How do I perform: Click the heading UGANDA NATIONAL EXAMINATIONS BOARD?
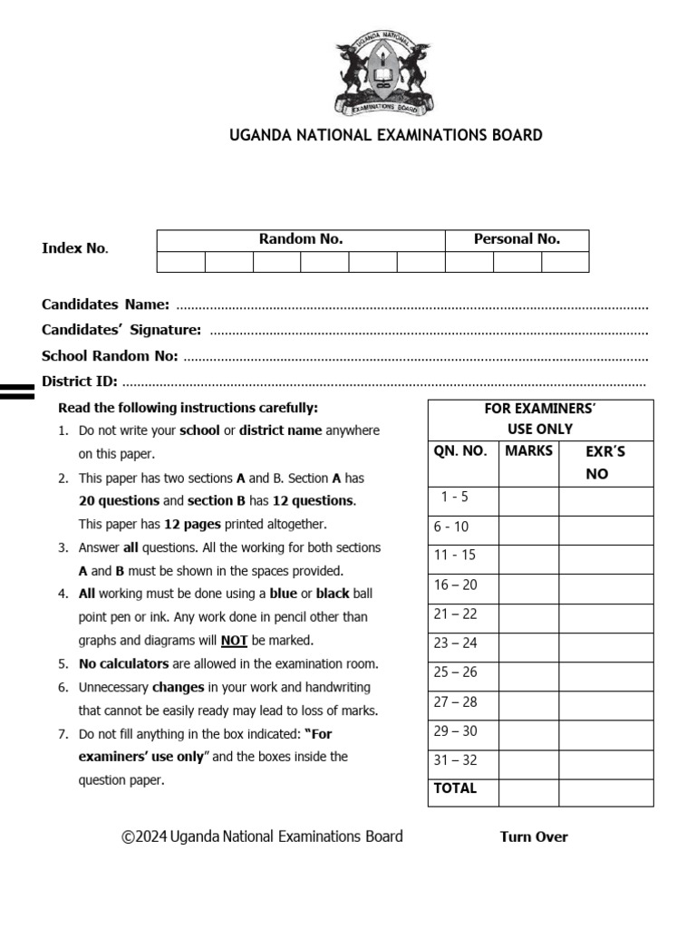tap(385, 136)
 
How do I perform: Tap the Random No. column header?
tap(301, 239)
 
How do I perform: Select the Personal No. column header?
tap(517, 239)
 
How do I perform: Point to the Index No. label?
tap(75, 248)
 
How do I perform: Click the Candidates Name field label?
tap(105, 304)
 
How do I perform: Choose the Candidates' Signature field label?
tap(121, 331)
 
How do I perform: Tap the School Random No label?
tap(110, 356)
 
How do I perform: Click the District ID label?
tap(80, 382)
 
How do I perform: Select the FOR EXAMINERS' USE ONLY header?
tap(540, 419)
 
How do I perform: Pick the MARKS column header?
tap(528, 451)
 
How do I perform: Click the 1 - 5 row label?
tap(454, 497)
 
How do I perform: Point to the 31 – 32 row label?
tap(455, 760)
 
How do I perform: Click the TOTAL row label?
tap(455, 788)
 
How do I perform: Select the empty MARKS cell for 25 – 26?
tap(528, 673)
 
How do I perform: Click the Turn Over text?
tap(534, 837)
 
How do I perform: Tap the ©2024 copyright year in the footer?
tap(145, 836)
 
